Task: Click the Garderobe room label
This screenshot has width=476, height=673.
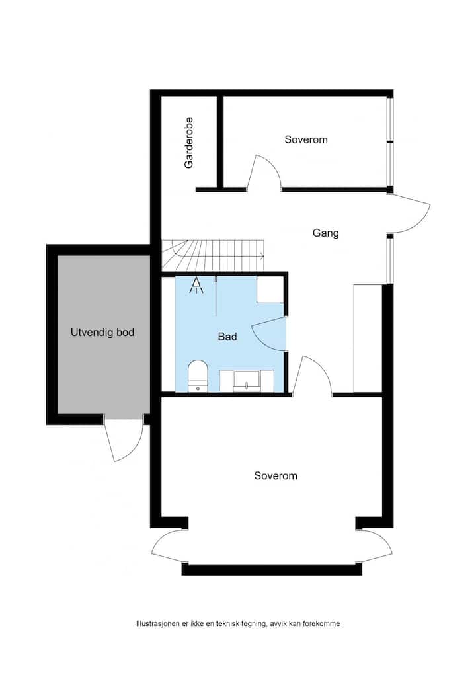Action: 189,143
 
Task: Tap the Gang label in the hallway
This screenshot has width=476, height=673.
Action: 325,233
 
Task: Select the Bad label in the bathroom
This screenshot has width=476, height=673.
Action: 227,336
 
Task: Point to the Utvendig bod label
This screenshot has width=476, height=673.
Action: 102,333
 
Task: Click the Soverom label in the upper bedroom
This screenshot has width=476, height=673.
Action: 306,139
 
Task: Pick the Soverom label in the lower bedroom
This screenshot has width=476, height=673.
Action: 276,475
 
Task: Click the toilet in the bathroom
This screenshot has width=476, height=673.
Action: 198,376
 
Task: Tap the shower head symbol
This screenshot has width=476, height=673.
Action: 196,286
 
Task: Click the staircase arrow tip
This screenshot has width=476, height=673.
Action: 264,257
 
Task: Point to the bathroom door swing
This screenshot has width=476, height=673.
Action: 268,335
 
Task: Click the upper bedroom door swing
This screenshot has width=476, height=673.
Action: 264,172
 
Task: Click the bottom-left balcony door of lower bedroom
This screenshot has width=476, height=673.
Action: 169,546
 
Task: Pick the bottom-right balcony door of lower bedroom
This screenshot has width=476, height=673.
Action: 374,546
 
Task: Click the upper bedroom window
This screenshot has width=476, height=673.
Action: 390,141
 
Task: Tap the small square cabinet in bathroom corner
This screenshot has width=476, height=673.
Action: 270,290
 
